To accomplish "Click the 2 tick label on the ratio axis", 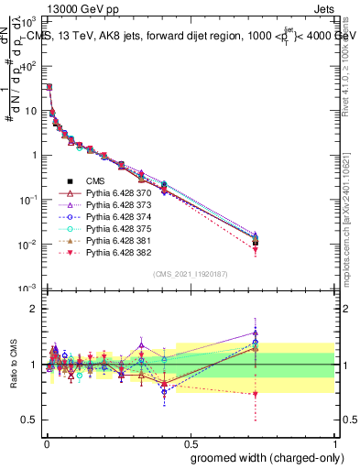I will (x=33, y=309).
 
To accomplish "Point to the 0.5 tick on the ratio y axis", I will (x=29, y=420).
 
